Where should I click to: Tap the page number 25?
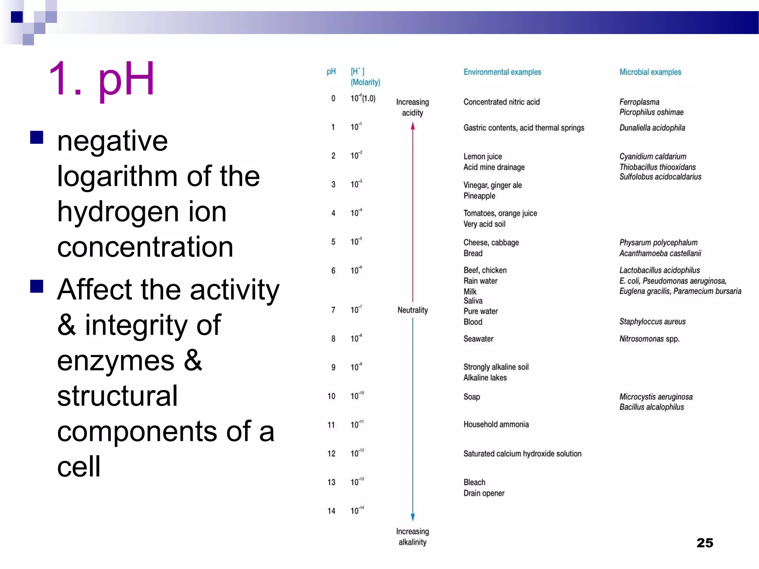(705, 543)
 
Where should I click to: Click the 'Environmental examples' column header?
(502, 72)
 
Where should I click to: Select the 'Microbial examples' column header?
(650, 72)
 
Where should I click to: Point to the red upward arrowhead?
(412, 127)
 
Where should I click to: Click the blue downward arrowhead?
(412, 517)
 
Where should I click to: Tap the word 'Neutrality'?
(412, 310)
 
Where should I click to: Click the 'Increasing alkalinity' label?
(412, 537)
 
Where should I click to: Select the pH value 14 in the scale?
(331, 511)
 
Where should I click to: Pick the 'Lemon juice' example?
(483, 156)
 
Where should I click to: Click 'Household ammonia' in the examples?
(496, 425)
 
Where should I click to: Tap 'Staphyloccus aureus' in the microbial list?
(652, 322)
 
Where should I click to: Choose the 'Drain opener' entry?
(484, 493)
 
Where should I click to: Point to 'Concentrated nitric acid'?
(501, 102)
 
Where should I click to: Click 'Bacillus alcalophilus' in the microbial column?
(652, 407)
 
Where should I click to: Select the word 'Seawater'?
(478, 339)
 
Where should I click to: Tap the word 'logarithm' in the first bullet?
(117, 176)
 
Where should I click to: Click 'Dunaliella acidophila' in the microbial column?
(652, 128)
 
